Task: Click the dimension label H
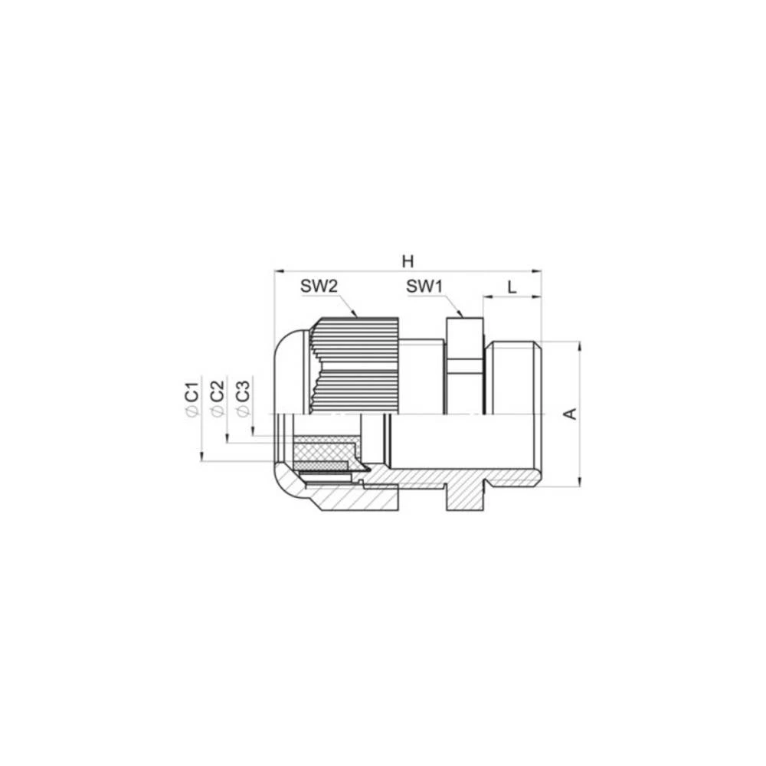click(x=407, y=260)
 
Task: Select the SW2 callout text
click(x=319, y=286)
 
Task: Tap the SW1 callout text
click(x=425, y=286)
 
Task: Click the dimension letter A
click(x=569, y=414)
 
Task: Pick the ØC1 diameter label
click(x=191, y=398)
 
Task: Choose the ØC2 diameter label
click(x=217, y=398)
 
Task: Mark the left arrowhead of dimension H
click(x=278, y=270)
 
